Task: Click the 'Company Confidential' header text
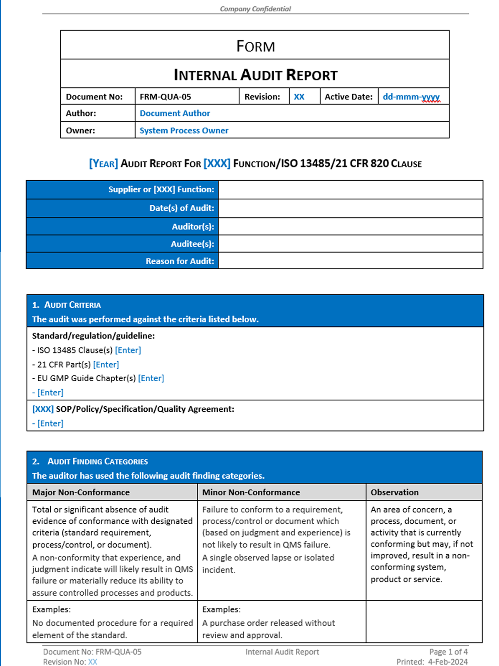(255, 9)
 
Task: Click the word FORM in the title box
(255, 46)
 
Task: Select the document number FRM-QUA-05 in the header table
(165, 97)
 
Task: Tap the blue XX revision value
(299, 97)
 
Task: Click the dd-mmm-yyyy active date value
(411, 97)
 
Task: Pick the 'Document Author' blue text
(175, 113)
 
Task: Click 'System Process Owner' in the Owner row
(184, 130)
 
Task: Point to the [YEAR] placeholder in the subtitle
(104, 164)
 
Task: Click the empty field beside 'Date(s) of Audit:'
(350, 208)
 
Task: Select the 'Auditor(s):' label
(193, 226)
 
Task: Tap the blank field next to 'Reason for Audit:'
(350, 261)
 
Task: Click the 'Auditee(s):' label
(192, 244)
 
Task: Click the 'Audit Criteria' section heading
(72, 305)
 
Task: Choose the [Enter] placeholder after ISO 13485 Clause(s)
(128, 350)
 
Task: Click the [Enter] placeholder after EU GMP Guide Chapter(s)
(151, 378)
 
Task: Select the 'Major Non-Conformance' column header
(81, 492)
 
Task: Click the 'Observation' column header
(395, 492)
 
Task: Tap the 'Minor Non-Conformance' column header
(251, 492)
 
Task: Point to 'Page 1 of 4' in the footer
(448, 651)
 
